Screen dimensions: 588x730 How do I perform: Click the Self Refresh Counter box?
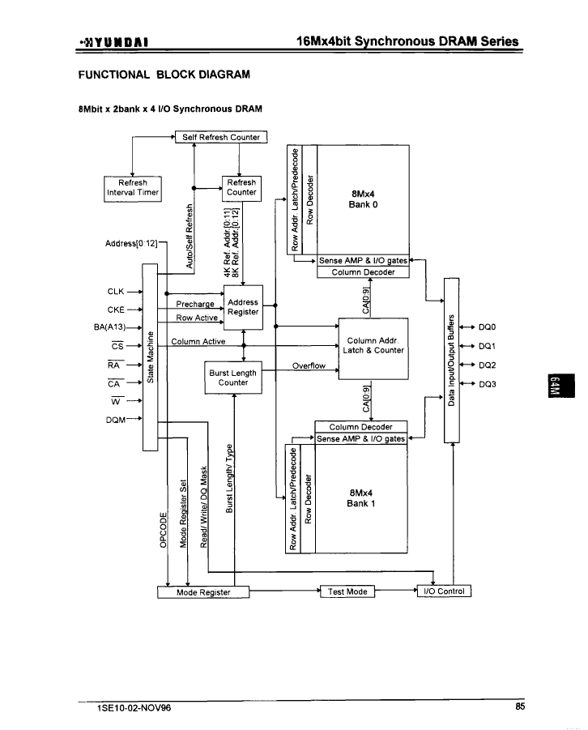(221, 137)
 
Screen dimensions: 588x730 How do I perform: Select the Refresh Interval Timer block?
(133, 189)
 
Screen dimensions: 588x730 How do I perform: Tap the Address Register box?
(243, 307)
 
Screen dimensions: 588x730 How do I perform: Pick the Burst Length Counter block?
(233, 378)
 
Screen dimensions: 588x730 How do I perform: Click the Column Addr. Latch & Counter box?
(373, 348)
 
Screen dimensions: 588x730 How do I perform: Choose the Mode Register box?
(203, 592)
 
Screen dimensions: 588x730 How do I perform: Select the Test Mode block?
(347, 591)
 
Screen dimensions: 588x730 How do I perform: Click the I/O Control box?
(444, 591)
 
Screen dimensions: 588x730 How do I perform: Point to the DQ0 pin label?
(487, 327)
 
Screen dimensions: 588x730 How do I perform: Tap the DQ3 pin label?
(487, 384)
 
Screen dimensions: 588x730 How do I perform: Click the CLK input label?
(116, 292)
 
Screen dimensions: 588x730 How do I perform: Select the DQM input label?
(116, 420)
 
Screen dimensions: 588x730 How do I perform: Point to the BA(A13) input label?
(110, 327)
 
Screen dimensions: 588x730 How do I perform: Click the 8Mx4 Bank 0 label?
(363, 199)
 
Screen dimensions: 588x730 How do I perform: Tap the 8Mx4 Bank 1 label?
(360, 498)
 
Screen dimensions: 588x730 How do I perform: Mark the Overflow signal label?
(309, 366)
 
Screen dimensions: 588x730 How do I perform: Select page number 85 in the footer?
(520, 707)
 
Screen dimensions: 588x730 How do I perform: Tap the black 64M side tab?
(561, 386)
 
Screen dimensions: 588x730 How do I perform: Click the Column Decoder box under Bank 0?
(363, 272)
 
